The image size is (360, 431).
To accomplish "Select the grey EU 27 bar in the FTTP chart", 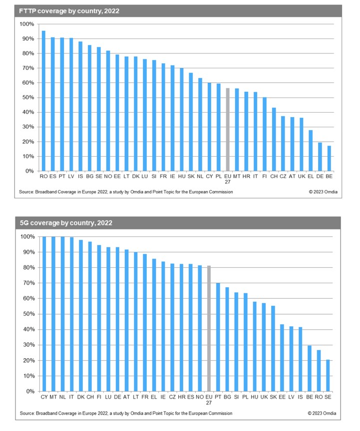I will [228, 130].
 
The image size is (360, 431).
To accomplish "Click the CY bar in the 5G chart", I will [44, 314].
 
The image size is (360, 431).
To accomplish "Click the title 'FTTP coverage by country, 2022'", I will [69, 10].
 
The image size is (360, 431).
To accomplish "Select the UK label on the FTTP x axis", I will [301, 177].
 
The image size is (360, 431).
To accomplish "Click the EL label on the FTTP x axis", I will [311, 177].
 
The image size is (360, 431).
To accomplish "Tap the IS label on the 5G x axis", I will [300, 397].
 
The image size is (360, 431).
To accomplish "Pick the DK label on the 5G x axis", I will [80, 397].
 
